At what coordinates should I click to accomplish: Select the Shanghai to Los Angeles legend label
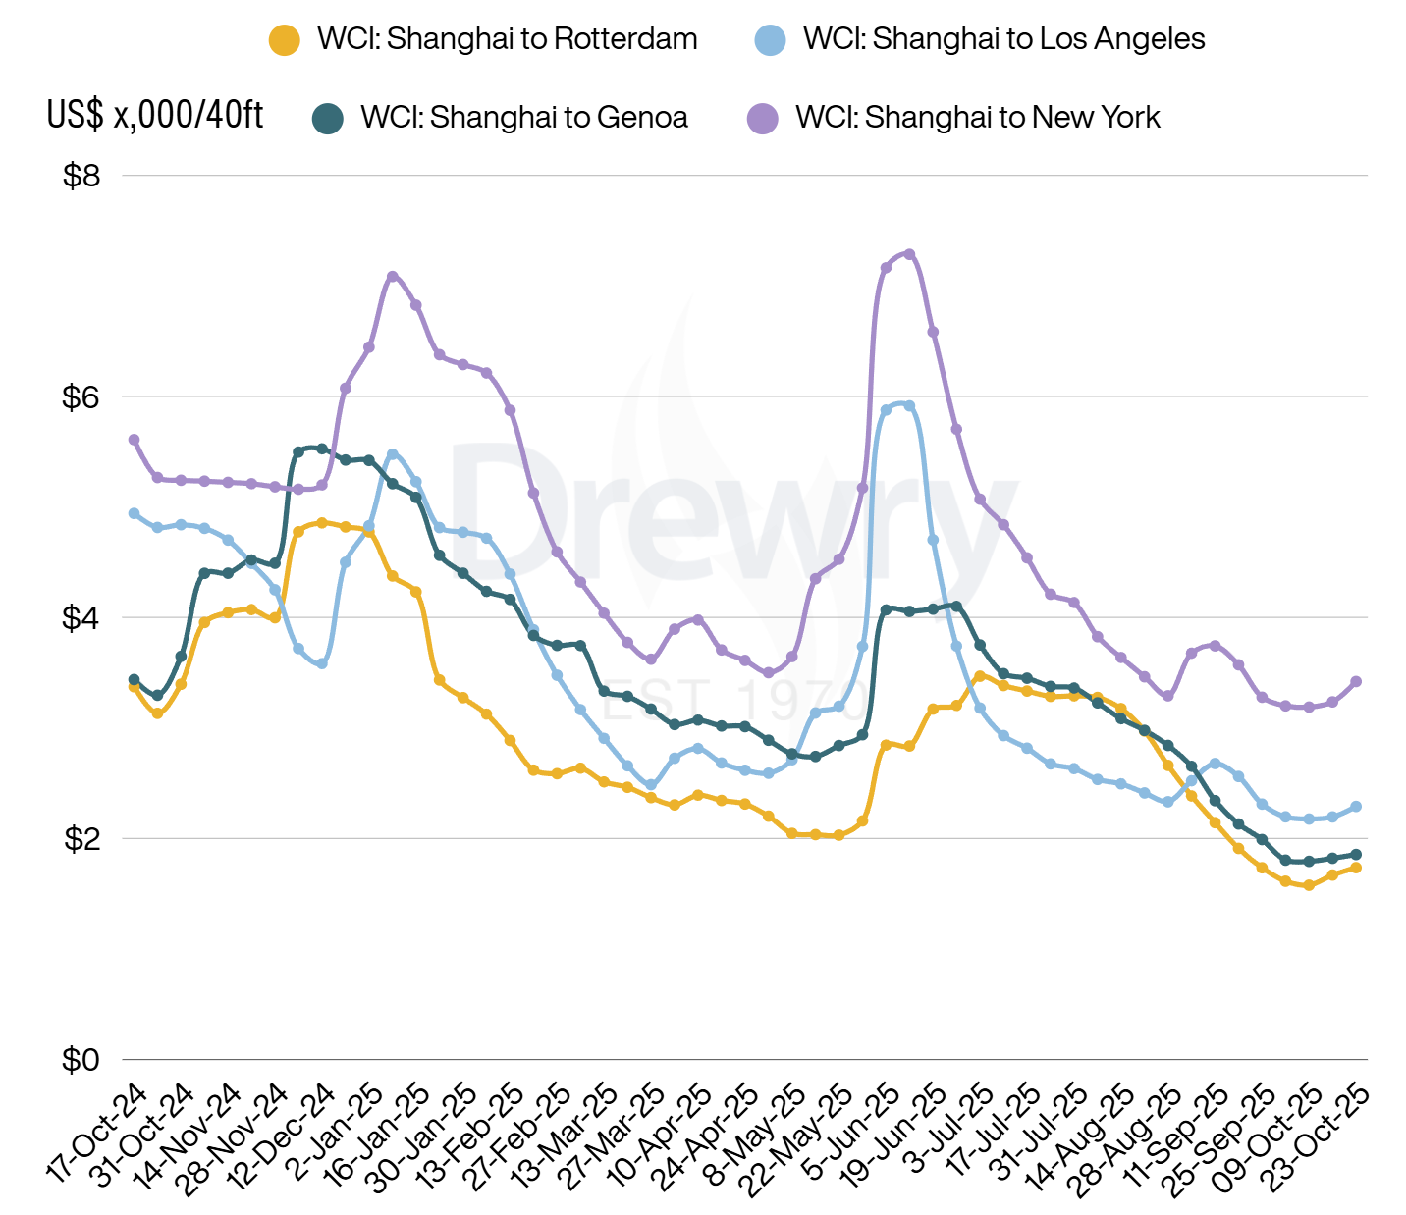point(1003,39)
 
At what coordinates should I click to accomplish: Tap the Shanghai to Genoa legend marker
point(328,118)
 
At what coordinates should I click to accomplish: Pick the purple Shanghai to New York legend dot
point(762,118)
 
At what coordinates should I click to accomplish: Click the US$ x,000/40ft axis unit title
point(155,115)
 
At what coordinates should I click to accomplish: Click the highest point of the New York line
point(909,254)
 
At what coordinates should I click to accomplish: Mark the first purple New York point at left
point(134,440)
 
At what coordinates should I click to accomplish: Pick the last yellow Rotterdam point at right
point(1356,868)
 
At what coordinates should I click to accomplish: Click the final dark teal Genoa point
point(1356,854)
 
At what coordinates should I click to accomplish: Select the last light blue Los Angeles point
point(1356,807)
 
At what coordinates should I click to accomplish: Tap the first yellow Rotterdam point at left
point(134,687)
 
